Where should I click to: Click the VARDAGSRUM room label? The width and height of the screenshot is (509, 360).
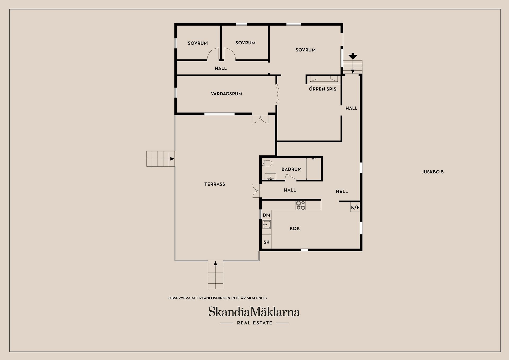(x=226, y=94)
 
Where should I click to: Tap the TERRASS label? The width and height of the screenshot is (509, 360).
(x=214, y=184)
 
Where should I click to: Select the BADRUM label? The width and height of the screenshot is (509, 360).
(x=291, y=169)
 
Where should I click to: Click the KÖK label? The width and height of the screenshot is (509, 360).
(x=295, y=228)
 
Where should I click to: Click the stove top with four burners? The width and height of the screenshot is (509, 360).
(x=301, y=206)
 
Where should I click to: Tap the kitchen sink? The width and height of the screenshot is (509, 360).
(x=266, y=224)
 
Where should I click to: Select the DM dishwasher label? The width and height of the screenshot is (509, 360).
(x=266, y=215)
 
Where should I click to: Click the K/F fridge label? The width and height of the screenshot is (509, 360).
(x=355, y=207)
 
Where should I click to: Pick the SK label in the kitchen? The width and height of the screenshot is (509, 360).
(x=266, y=242)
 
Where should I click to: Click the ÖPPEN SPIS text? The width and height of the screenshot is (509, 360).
(x=322, y=89)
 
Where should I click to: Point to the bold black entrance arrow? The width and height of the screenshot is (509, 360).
(x=353, y=56)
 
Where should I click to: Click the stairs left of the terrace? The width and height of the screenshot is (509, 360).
(x=160, y=159)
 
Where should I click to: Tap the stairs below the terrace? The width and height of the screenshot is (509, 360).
(x=215, y=275)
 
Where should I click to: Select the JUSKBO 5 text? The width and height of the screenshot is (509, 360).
(x=432, y=172)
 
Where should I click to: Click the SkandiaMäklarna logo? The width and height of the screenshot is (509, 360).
(x=254, y=312)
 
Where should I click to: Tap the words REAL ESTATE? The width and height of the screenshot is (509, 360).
(x=254, y=323)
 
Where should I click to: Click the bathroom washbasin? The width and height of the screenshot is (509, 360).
(x=270, y=176)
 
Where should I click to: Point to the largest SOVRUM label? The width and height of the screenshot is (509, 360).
(x=305, y=50)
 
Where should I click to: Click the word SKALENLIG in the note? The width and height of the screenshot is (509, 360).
(x=257, y=298)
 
